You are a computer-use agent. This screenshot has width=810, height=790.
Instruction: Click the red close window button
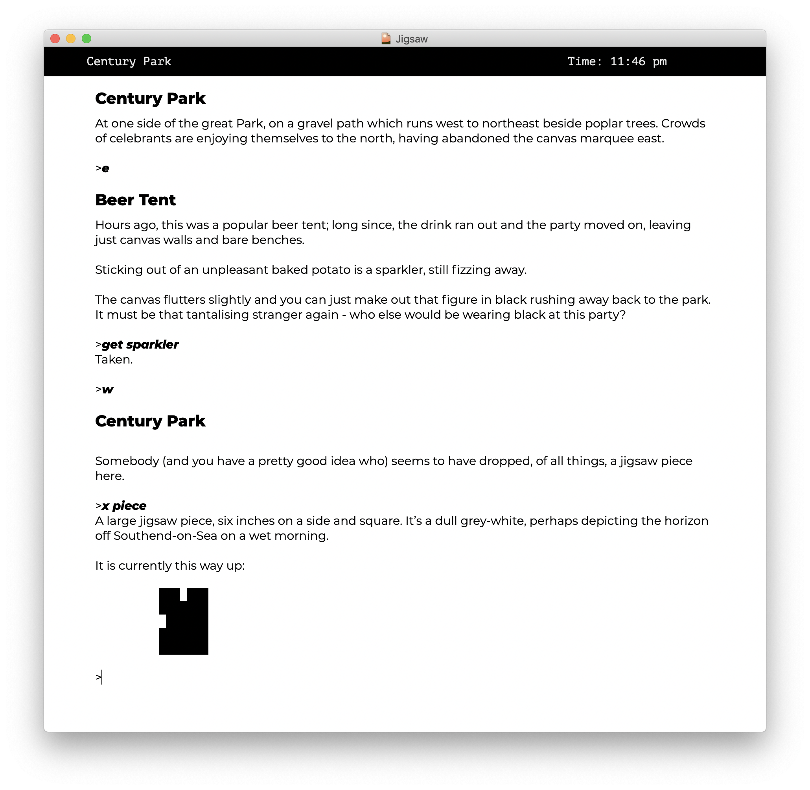(x=55, y=39)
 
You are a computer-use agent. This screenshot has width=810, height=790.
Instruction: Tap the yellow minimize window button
(x=71, y=39)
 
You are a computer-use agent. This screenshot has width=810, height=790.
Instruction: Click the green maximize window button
(x=86, y=39)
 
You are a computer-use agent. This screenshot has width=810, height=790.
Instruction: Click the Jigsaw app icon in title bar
(x=386, y=39)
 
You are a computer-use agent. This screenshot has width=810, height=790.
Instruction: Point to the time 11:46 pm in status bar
(x=638, y=61)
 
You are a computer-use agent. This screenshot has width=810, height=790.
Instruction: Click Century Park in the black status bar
(x=129, y=61)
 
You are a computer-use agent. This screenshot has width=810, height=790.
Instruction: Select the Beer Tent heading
(x=135, y=200)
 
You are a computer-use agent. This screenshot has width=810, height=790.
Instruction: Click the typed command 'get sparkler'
(x=140, y=344)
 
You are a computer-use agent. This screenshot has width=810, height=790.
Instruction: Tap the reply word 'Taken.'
(x=114, y=359)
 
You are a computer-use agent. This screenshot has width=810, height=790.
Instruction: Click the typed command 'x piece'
(x=124, y=506)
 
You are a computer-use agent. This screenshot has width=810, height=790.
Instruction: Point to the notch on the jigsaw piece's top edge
(x=183, y=594)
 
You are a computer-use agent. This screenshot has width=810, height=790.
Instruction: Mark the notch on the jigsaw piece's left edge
(x=162, y=621)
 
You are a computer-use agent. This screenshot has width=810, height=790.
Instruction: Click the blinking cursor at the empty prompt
(x=102, y=677)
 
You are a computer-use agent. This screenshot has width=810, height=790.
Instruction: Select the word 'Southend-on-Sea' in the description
(x=165, y=536)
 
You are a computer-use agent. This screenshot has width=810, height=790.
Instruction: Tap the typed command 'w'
(x=107, y=389)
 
